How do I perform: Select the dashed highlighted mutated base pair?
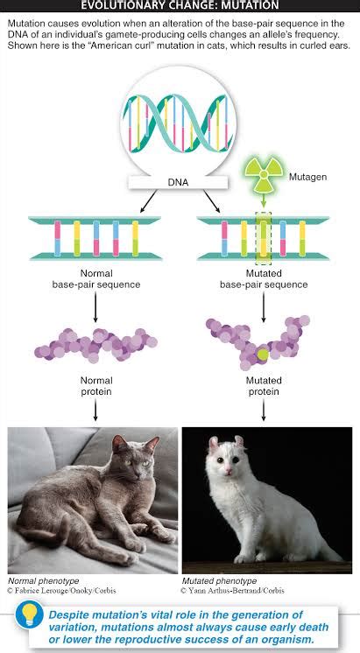[x=264, y=238]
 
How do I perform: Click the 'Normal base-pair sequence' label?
[x=97, y=279]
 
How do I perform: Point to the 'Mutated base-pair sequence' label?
[x=263, y=279]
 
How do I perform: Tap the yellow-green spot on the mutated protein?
[x=262, y=355]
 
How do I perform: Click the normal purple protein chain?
[x=96, y=344]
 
